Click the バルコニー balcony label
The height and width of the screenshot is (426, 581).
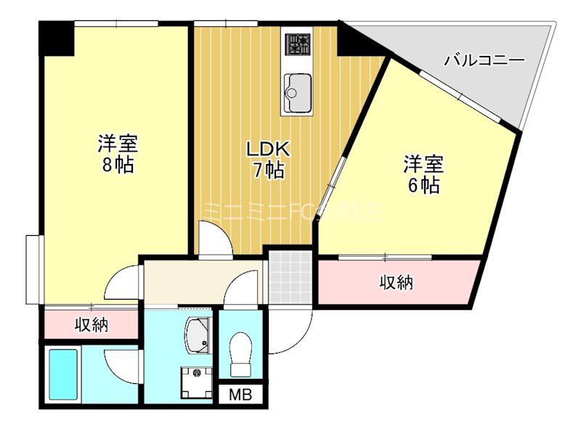pyautogui.click(x=484, y=60)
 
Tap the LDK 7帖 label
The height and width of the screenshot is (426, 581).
pyautogui.click(x=268, y=160)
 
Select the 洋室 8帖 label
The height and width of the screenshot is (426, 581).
pyautogui.click(x=118, y=153)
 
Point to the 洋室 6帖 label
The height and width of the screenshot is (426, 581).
pyautogui.click(x=422, y=174)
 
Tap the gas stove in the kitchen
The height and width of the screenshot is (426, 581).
pyautogui.click(x=297, y=45)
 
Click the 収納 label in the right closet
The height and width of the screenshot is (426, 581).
pyautogui.click(x=397, y=283)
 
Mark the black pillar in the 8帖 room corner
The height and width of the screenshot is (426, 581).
pyautogui.click(x=57, y=39)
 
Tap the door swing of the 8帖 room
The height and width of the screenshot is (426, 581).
pyautogui.click(x=125, y=284)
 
